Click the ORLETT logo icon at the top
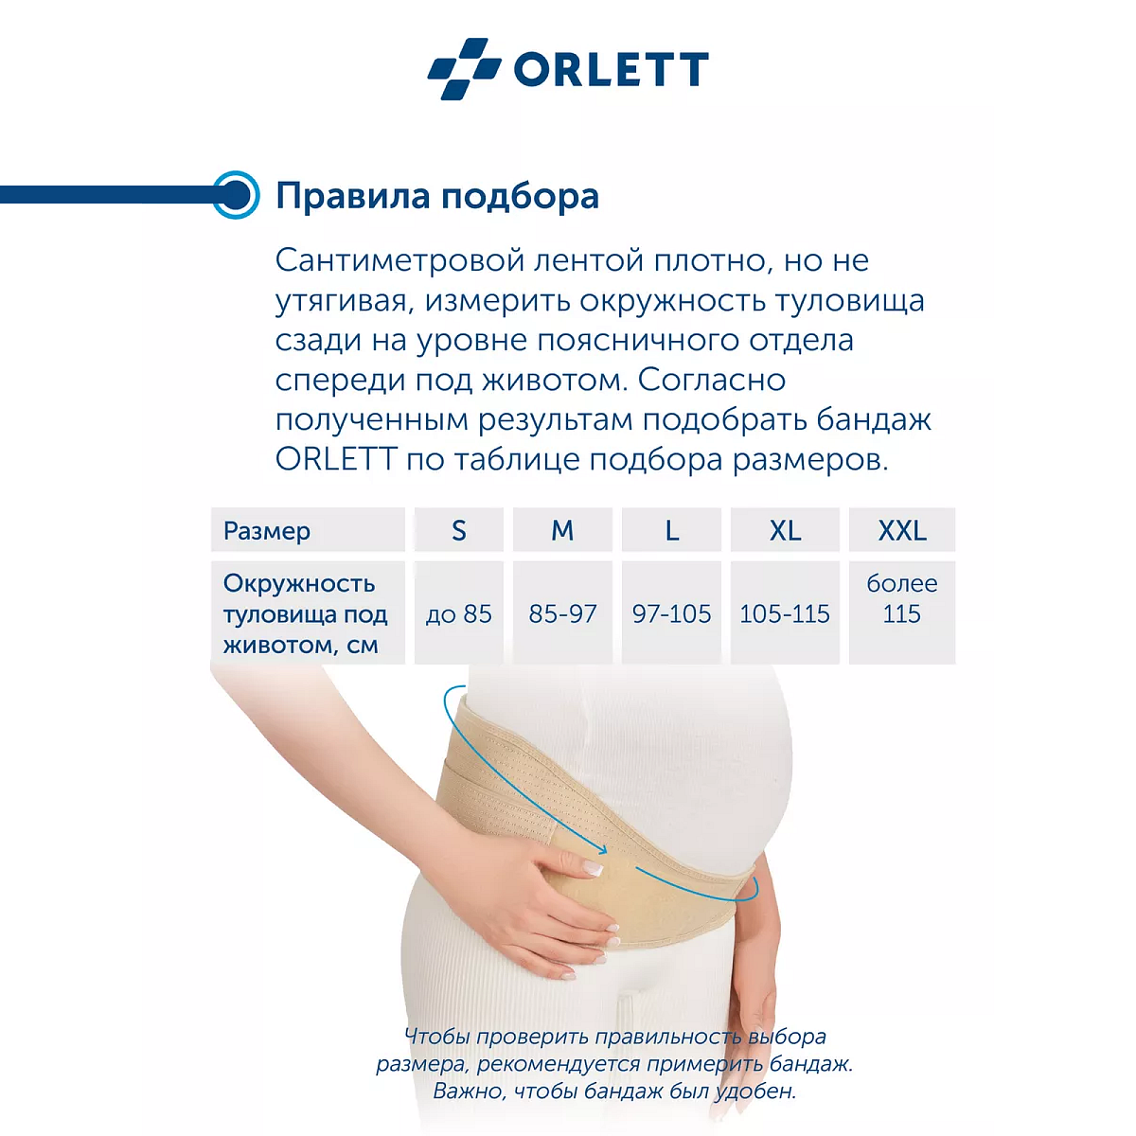tap(464, 68)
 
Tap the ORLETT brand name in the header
tap(611, 69)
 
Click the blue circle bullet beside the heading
tap(235, 195)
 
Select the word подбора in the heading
tap(520, 196)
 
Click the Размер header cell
tap(267, 531)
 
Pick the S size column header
tap(459, 531)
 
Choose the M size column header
tap(562, 531)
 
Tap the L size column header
tap(671, 531)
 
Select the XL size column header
tap(785, 531)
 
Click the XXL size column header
tap(901, 531)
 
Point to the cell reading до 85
tap(459, 614)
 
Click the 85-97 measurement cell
tap(562, 614)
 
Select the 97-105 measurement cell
tap(671, 614)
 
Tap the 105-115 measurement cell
tap(785, 614)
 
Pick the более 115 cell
tap(901, 599)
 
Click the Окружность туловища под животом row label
tap(305, 614)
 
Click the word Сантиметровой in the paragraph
tap(399, 260)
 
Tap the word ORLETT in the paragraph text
tap(335, 459)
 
